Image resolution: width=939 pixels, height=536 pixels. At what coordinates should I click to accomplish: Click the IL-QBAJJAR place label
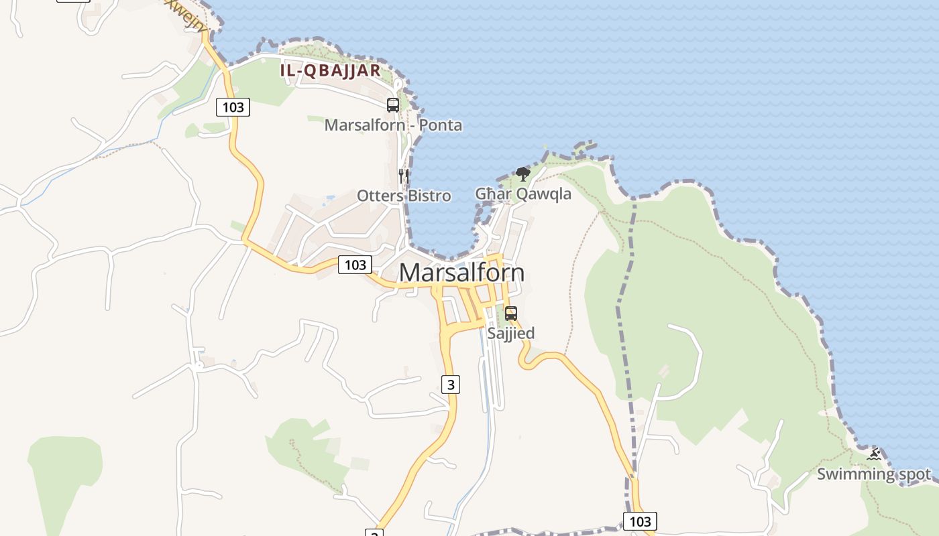tap(330, 70)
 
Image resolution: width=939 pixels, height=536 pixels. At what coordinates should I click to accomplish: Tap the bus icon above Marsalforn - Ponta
tap(393, 105)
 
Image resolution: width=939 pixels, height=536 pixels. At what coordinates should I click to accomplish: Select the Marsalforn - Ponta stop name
tap(393, 125)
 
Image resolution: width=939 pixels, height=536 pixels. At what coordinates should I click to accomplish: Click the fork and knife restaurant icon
tap(404, 176)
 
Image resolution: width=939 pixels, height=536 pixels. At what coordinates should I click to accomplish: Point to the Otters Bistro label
tap(404, 196)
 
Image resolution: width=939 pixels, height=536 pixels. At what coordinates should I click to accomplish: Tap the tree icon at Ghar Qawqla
tap(523, 175)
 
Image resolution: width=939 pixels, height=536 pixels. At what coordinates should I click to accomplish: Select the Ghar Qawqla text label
tap(523, 194)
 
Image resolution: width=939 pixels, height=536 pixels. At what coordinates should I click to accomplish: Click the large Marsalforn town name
tap(461, 273)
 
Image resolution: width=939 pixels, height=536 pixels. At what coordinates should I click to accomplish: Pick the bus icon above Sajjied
tap(511, 314)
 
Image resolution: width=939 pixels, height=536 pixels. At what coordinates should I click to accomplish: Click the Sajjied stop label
tap(511, 333)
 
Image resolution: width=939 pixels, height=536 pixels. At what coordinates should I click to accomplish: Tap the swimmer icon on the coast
tap(874, 456)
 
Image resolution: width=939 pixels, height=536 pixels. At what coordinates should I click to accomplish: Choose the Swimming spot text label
tap(874, 474)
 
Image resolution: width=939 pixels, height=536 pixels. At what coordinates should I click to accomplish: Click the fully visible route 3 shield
tap(451, 385)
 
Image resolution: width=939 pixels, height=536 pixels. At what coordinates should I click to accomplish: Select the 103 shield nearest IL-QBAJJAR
tap(233, 107)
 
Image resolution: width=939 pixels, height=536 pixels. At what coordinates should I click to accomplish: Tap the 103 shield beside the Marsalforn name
tap(355, 265)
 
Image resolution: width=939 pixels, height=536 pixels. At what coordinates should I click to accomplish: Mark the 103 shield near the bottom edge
tap(640, 521)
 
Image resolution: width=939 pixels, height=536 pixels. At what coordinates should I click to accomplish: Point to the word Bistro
tap(429, 196)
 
